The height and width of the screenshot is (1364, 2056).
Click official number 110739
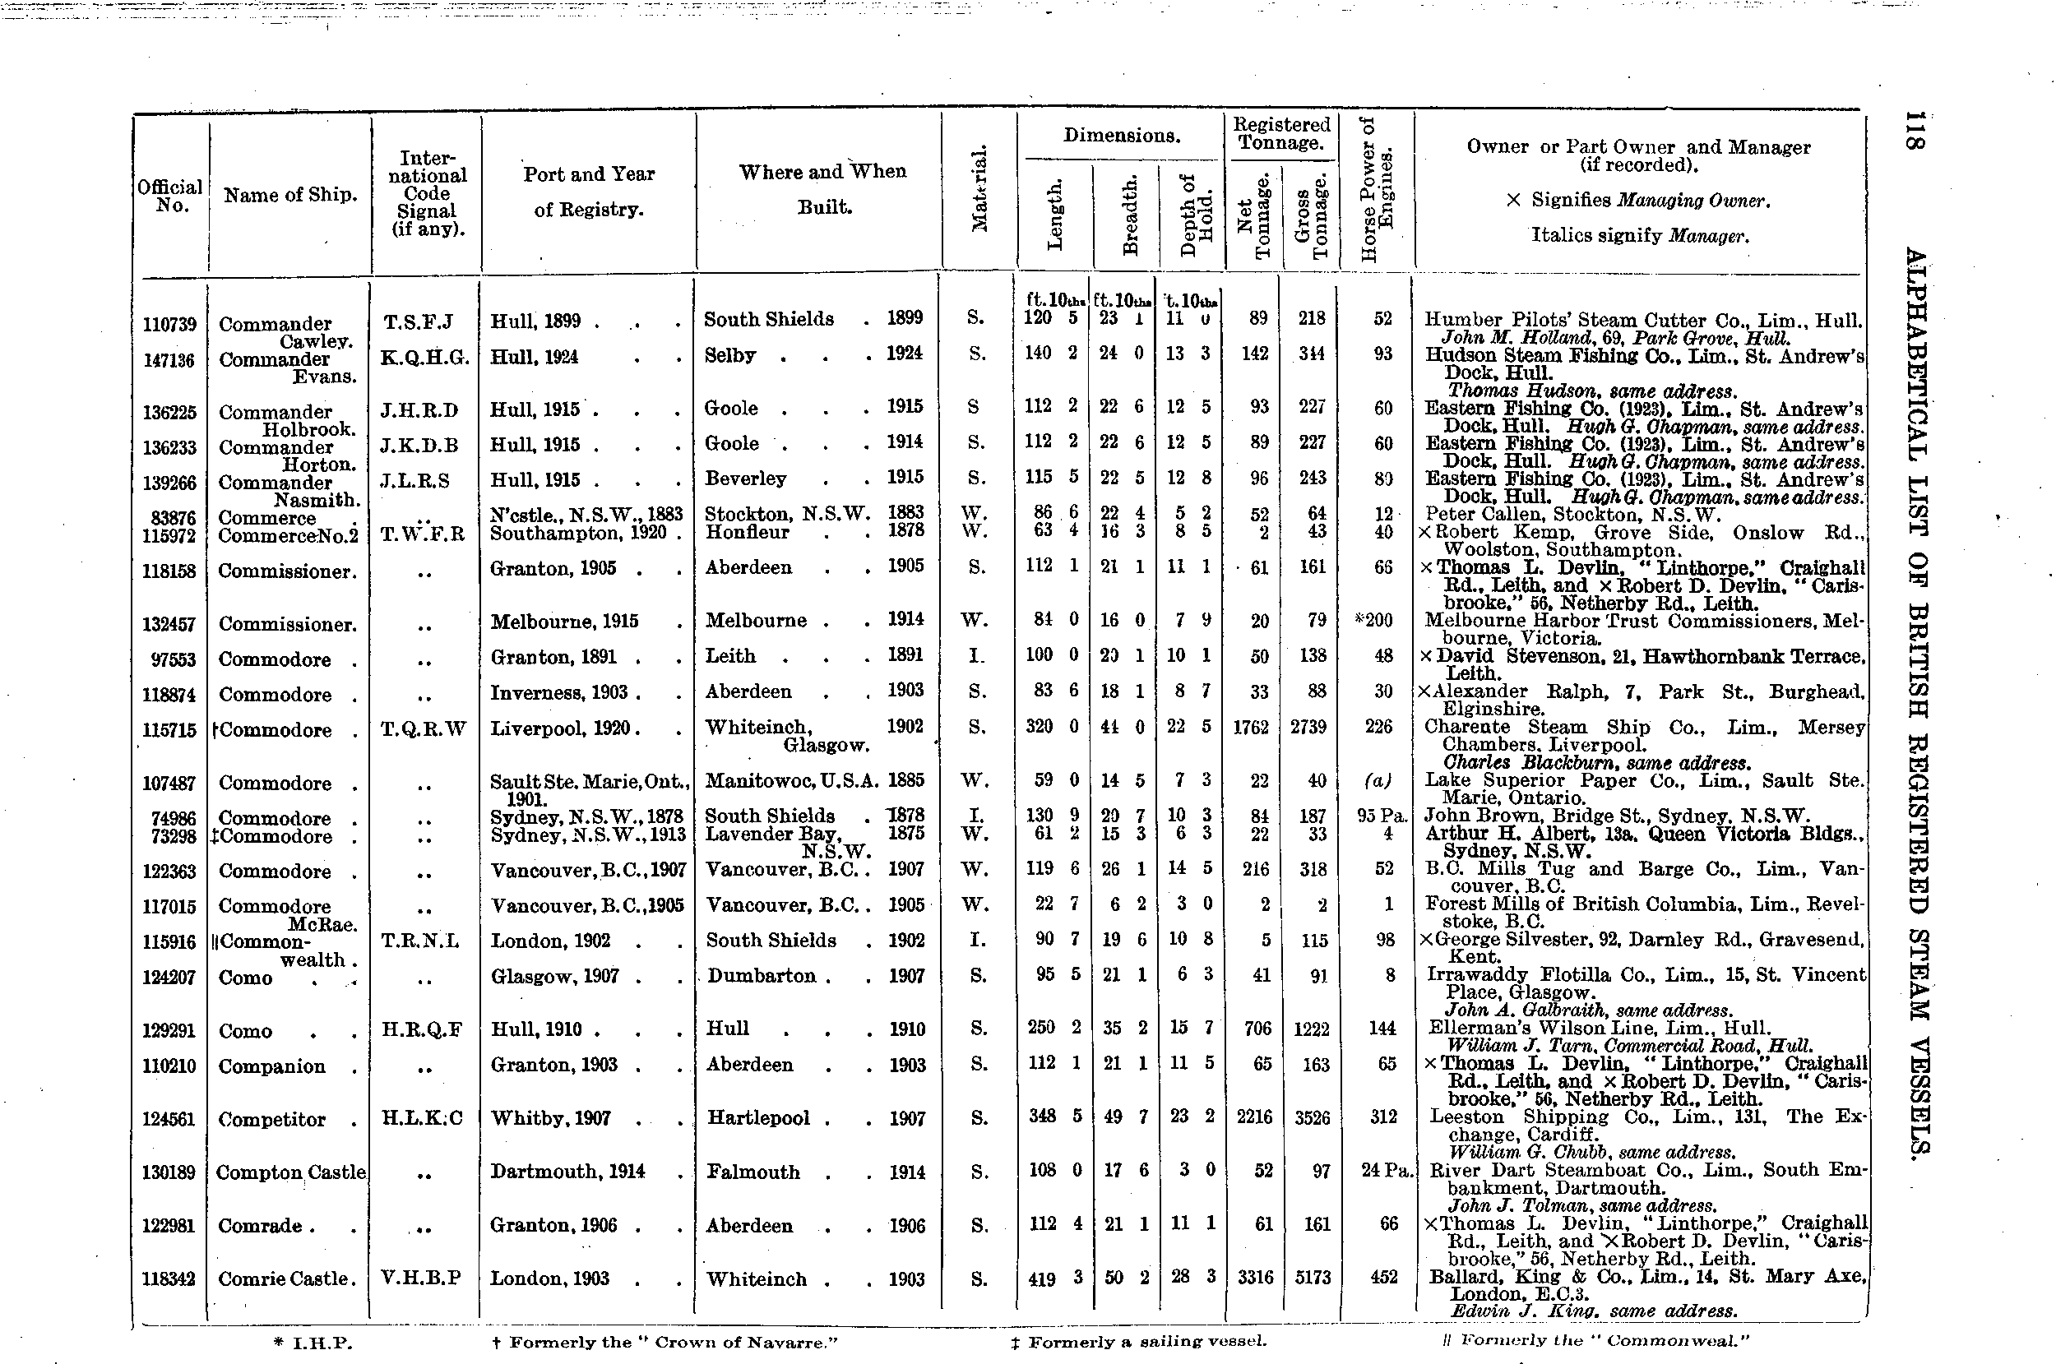(169, 325)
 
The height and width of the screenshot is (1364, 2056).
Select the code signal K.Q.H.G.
(425, 358)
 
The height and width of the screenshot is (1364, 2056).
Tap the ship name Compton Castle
(290, 1172)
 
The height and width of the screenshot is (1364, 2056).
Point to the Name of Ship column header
(289, 195)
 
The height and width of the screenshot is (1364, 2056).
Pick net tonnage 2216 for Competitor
(1254, 1117)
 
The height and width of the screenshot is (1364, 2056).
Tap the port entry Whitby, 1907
(551, 1118)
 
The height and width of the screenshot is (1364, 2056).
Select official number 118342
(169, 1279)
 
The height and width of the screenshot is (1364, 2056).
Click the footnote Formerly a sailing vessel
(1138, 1341)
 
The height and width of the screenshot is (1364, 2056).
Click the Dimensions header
(1121, 136)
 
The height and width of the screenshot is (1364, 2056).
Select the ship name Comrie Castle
(286, 1278)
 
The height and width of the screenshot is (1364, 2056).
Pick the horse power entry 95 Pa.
(1382, 816)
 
